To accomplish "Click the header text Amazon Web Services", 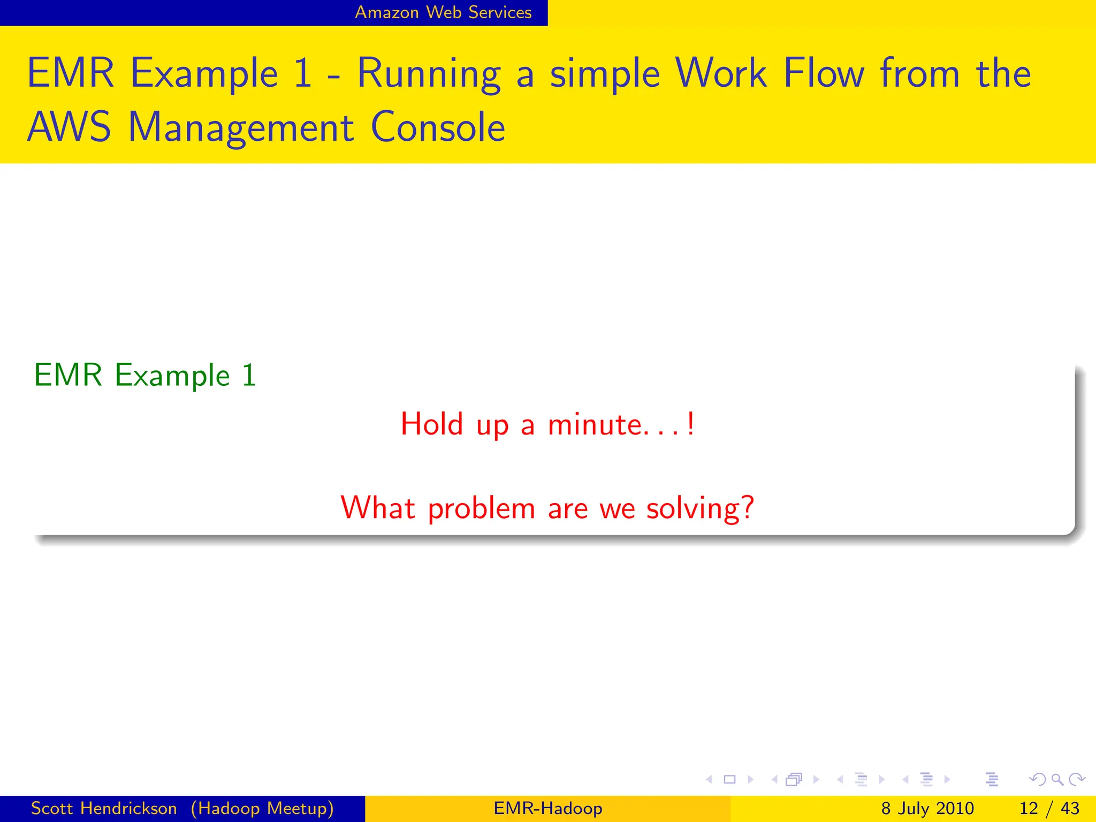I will point(443,12).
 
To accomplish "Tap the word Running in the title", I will point(429,74).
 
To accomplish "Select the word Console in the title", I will point(438,127).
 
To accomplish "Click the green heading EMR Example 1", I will point(145,375).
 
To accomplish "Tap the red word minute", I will point(593,424).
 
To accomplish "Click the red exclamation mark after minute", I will point(691,424).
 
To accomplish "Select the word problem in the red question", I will point(481,508).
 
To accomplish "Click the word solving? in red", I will point(700,508).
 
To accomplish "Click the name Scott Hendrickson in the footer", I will point(104,808).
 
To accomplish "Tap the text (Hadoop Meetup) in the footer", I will point(262,808).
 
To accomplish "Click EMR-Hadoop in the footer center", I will point(548,808).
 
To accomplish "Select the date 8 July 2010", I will point(927,808).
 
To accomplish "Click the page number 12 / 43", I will point(1049,808).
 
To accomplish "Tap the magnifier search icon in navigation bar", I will point(1057,779).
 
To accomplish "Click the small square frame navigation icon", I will point(729,779).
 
